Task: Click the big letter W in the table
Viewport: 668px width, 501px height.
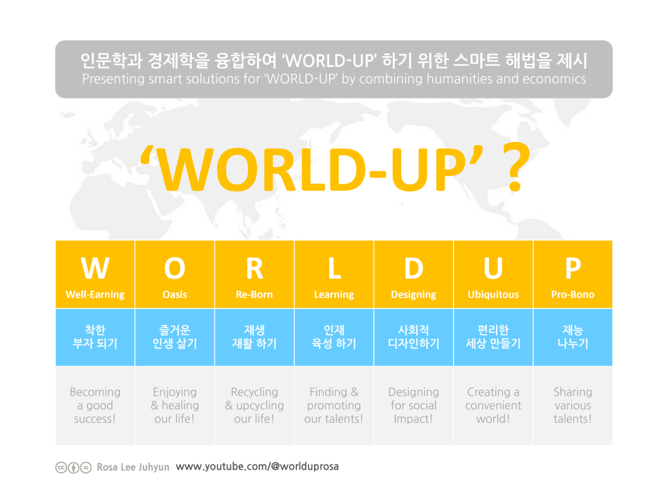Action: [x=95, y=268]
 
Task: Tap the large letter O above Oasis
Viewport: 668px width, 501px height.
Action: [x=175, y=268]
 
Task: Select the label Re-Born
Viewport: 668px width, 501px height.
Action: [x=254, y=295]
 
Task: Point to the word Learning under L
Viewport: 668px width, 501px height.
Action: [x=334, y=295]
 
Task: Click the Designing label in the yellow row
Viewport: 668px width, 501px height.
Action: [x=414, y=295]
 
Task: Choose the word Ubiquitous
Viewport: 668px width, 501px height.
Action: [x=493, y=295]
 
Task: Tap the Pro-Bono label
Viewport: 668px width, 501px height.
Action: [x=573, y=295]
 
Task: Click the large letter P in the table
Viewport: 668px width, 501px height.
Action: [x=573, y=268]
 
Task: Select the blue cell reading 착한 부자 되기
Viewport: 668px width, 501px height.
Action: [x=95, y=337]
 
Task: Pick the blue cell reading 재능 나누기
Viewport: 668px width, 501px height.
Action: [x=573, y=337]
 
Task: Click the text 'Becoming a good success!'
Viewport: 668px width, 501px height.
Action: [x=95, y=405]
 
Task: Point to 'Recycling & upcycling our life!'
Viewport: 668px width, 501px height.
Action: [x=254, y=405]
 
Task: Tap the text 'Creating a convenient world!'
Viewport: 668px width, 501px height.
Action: [x=493, y=405]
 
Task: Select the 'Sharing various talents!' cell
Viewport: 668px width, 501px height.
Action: [x=573, y=405]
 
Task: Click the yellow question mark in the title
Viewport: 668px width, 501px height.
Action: [x=516, y=167]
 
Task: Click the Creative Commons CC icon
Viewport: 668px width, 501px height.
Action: [x=61, y=468]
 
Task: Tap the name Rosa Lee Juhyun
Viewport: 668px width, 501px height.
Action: [x=133, y=468]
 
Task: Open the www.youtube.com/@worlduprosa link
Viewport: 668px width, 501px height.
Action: [x=257, y=466]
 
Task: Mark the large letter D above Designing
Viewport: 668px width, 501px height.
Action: [x=414, y=268]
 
